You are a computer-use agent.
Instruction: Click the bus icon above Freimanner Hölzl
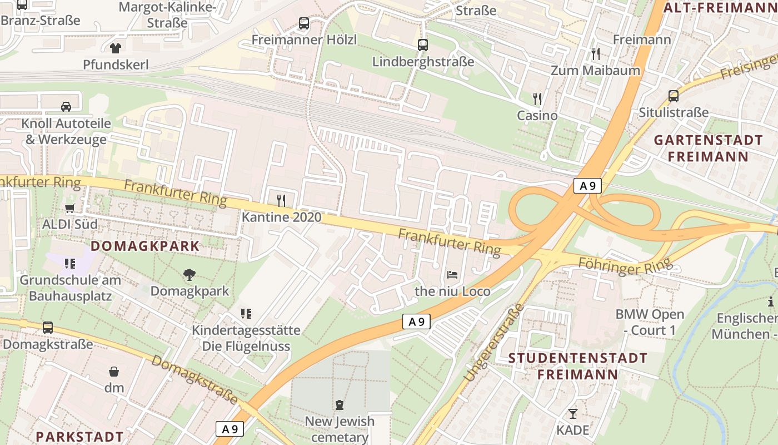[x=304, y=23]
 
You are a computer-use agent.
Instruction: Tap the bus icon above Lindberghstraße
[x=423, y=45]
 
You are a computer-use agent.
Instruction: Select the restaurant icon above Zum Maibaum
[x=596, y=54]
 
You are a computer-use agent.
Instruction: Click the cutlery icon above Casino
[x=537, y=99]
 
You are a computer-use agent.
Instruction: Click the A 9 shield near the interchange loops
[x=587, y=186]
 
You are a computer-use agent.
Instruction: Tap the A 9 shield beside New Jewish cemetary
[x=230, y=429]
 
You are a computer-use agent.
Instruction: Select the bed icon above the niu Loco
[x=452, y=275]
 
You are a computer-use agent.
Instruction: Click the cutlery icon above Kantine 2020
[x=281, y=200]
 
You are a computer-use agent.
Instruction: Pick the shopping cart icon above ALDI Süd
[x=70, y=209]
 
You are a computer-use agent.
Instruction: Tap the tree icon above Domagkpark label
[x=189, y=274]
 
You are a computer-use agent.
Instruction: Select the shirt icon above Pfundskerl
[x=116, y=48]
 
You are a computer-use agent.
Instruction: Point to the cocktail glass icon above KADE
[x=572, y=414]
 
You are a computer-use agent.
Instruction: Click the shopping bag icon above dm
[x=114, y=371]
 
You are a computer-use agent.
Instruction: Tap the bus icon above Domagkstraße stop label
[x=48, y=328]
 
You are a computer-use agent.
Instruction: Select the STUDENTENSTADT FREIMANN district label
[x=578, y=365]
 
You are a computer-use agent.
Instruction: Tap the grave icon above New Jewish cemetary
[x=340, y=404]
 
